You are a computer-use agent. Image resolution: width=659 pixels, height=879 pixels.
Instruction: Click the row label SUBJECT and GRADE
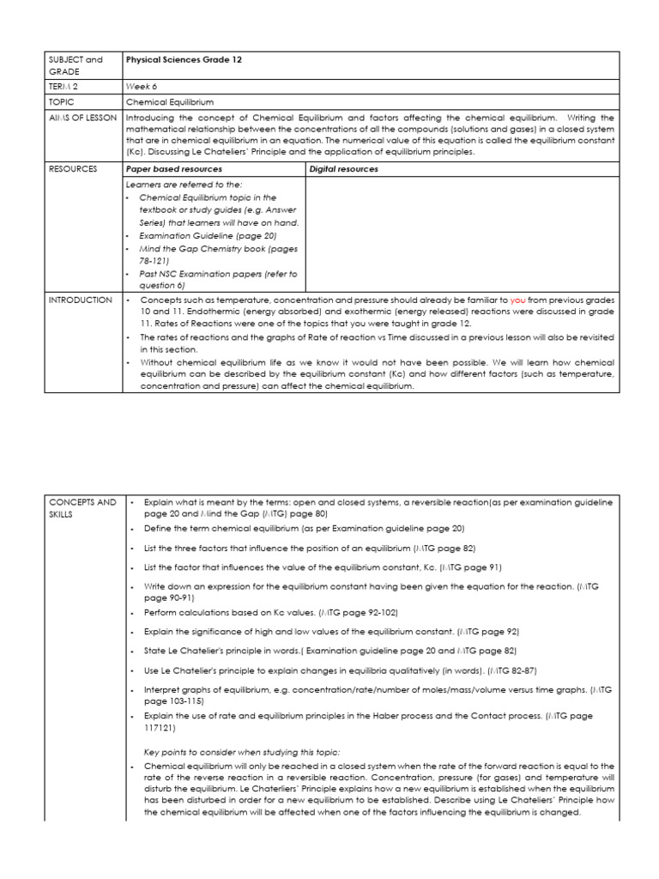(x=76, y=65)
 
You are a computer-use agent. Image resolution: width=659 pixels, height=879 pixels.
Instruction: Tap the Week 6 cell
(x=142, y=86)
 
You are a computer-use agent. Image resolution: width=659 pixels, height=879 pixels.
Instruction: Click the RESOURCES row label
(x=73, y=169)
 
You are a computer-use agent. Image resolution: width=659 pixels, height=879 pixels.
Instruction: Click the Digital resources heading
(x=344, y=169)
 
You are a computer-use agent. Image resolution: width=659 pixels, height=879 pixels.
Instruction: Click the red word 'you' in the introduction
(x=518, y=300)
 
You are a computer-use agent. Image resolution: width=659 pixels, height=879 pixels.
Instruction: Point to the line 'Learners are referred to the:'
(x=184, y=185)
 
